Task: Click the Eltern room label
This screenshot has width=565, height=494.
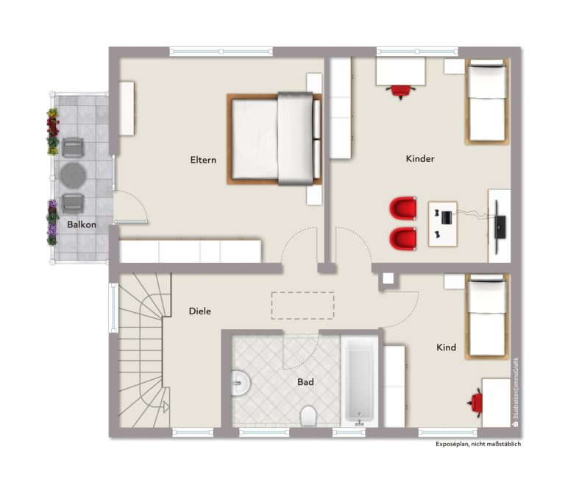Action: point(203,160)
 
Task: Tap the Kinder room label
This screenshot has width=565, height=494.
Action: point(420,159)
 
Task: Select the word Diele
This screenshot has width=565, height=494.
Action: point(200,311)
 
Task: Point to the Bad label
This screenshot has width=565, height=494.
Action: point(305,382)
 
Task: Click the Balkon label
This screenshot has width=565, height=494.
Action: point(82,225)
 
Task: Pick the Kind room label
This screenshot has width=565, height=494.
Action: point(446,347)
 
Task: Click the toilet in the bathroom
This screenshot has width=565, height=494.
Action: point(308,416)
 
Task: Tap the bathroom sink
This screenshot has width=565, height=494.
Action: point(241,383)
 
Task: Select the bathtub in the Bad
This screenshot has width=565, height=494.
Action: point(359,381)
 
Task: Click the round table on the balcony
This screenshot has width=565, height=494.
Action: point(73,175)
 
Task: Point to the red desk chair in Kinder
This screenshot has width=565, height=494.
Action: point(401,91)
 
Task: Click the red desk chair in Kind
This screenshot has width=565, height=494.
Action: point(476,403)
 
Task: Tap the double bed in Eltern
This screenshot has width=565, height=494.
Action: point(274,139)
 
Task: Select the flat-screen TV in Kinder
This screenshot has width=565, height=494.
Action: point(499,227)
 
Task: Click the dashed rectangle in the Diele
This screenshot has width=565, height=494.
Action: point(302,306)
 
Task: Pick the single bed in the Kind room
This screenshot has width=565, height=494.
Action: point(487,317)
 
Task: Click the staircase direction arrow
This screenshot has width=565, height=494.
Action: point(166,406)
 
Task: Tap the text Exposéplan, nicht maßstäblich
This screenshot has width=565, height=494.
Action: point(478,444)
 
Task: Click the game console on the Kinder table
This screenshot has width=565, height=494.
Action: point(447,217)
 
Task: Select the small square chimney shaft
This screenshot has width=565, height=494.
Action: point(388,278)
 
